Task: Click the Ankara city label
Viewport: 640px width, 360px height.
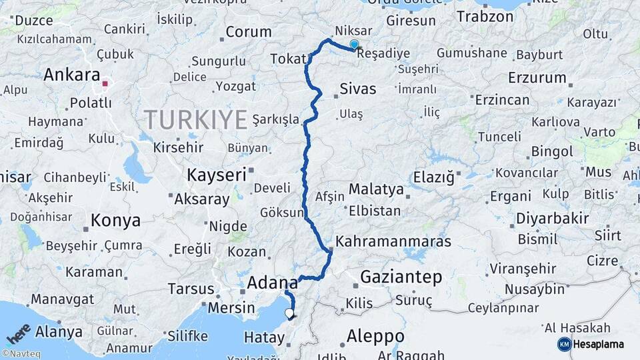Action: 71,75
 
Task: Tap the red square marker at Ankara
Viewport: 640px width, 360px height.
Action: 105,85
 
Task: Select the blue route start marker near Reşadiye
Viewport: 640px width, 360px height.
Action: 354,45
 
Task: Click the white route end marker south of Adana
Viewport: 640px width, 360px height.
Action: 289,312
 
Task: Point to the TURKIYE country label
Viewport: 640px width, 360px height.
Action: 196,120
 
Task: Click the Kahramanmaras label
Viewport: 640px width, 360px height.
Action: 393,241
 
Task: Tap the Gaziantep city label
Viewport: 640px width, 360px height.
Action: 401,277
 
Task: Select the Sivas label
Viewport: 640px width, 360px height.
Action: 358,89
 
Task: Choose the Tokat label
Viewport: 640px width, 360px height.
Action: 287,59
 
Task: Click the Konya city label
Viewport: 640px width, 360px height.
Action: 115,221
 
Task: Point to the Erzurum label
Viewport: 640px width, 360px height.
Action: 537,77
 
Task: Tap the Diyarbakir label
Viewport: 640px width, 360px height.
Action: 553,219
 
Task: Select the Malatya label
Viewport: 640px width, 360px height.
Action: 376,189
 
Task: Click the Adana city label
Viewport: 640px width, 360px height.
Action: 272,283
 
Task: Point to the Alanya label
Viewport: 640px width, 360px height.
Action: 59,331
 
